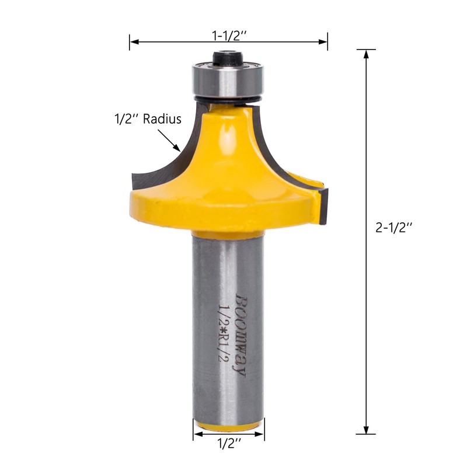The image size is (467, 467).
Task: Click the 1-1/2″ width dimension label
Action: [229, 36]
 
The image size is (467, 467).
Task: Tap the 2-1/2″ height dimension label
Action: [393, 228]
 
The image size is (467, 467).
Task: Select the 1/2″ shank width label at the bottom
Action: [229, 444]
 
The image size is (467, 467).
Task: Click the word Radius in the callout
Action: [162, 119]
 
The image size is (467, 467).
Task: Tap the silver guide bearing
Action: [228, 79]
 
